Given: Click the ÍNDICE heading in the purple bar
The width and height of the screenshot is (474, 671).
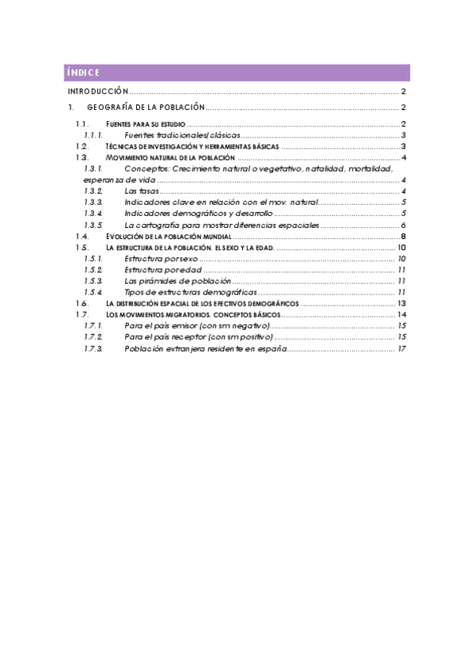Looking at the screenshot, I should (x=82, y=73).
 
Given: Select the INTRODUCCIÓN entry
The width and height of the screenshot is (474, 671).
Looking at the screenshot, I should (x=97, y=92).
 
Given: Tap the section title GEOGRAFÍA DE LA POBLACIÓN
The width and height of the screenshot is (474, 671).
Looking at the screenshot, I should (x=146, y=107).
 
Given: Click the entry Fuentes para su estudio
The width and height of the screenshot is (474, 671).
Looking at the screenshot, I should (x=146, y=124).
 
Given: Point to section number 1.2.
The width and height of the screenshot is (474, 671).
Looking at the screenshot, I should (x=82, y=147).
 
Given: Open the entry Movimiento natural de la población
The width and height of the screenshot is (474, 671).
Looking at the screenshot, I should (x=170, y=158).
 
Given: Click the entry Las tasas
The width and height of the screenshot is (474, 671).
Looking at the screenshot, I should (x=141, y=191).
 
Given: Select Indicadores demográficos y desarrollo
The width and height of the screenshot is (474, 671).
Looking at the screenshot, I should (x=199, y=214).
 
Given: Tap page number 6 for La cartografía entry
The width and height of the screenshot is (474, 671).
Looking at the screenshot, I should (x=403, y=225).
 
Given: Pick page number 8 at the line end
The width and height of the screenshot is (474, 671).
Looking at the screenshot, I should (x=403, y=237).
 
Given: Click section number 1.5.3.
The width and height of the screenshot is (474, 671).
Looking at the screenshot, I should (x=93, y=281).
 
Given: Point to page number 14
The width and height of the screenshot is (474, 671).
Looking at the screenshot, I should (x=401, y=315).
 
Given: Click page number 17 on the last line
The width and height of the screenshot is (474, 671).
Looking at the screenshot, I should (x=402, y=349).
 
